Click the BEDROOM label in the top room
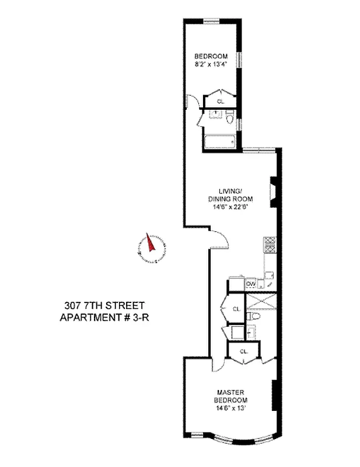[x=211, y=57]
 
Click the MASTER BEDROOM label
[x=230, y=396]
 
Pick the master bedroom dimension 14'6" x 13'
[x=230, y=408]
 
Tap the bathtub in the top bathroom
[x=219, y=141]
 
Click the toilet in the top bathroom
[x=230, y=121]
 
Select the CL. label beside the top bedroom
[x=220, y=101]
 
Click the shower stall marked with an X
[x=260, y=301]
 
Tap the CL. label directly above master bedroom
[x=244, y=351]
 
